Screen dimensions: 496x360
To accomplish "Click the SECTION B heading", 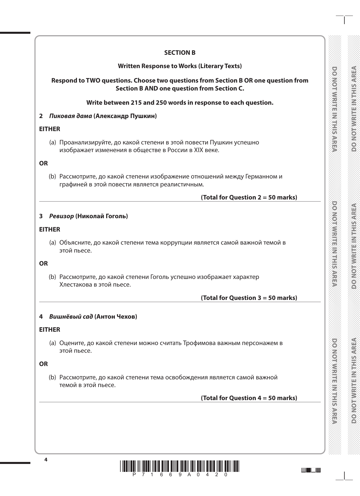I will pyautogui.click(x=180, y=53).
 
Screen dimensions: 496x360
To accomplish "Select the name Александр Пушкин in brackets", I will pyautogui.click(x=125, y=116).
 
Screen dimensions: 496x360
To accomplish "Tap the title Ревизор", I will pyautogui.click(x=61, y=216).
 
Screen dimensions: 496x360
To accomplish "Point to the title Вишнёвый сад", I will pyautogui.click(x=71, y=317).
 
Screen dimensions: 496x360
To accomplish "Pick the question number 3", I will pyautogui.click(x=41, y=216).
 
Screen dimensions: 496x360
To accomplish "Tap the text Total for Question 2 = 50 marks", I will pyautogui.click(x=249, y=197).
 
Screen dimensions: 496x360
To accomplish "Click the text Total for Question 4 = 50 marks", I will pyautogui.click(x=249, y=398).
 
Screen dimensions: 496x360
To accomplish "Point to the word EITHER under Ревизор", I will pyautogui.click(x=50, y=230).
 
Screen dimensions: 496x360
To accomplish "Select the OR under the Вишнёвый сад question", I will pyautogui.click(x=43, y=364).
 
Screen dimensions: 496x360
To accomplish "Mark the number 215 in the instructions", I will pyautogui.click(x=136, y=103).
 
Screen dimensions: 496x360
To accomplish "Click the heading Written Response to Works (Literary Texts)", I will pyautogui.click(x=180, y=66).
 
